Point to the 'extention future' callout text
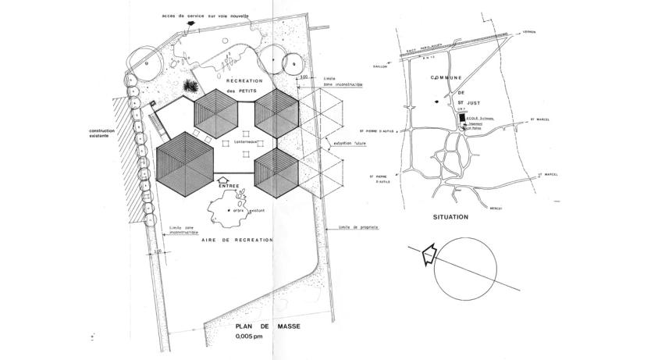pos(347,144)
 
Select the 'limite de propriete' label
pos(359,227)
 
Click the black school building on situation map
pos(462,118)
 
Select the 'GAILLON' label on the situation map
pos(381,66)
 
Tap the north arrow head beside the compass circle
pos(426,255)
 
